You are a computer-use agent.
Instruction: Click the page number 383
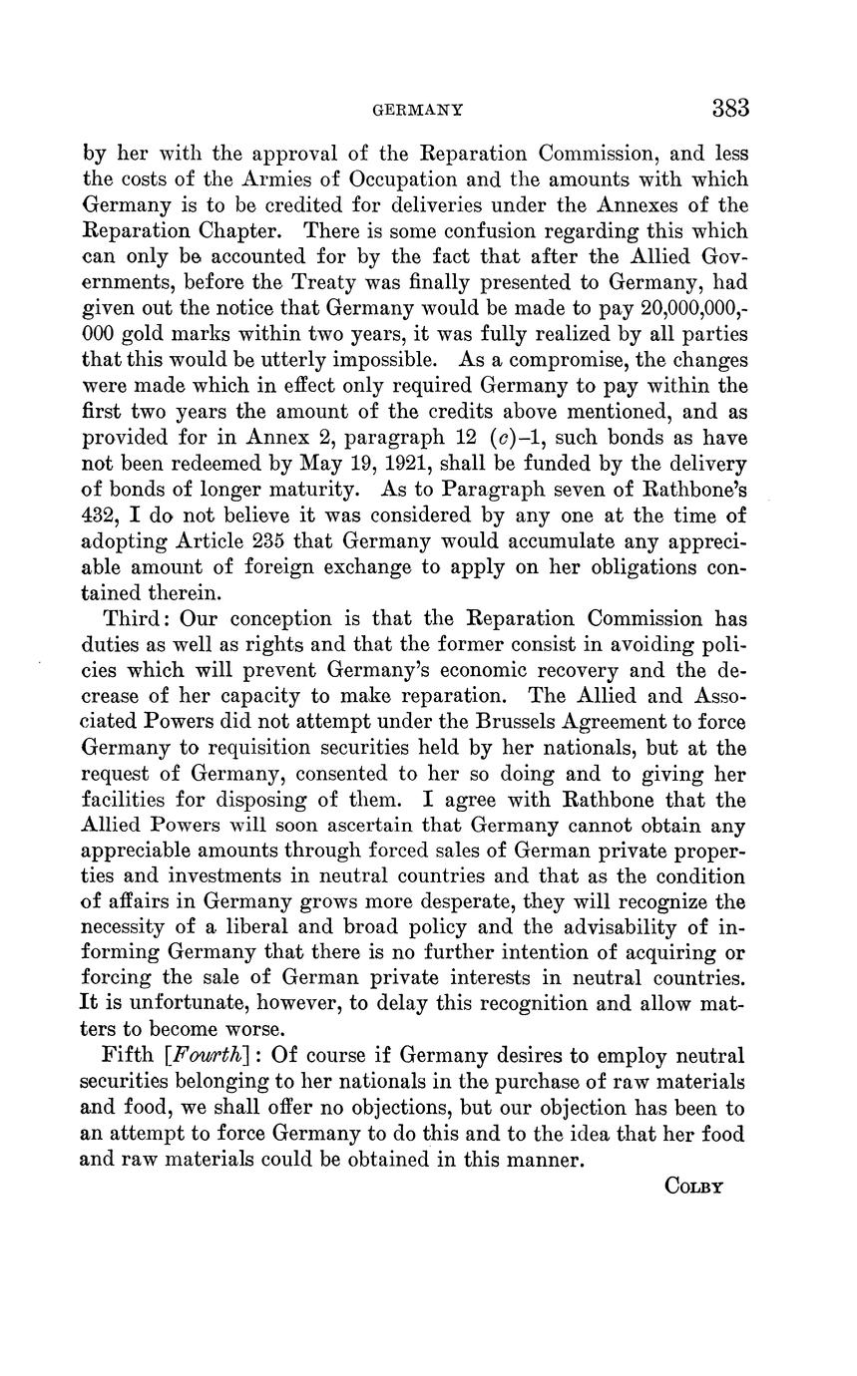(x=730, y=108)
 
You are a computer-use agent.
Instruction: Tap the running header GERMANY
(x=416, y=110)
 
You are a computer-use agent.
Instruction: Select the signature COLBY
(x=692, y=1187)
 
